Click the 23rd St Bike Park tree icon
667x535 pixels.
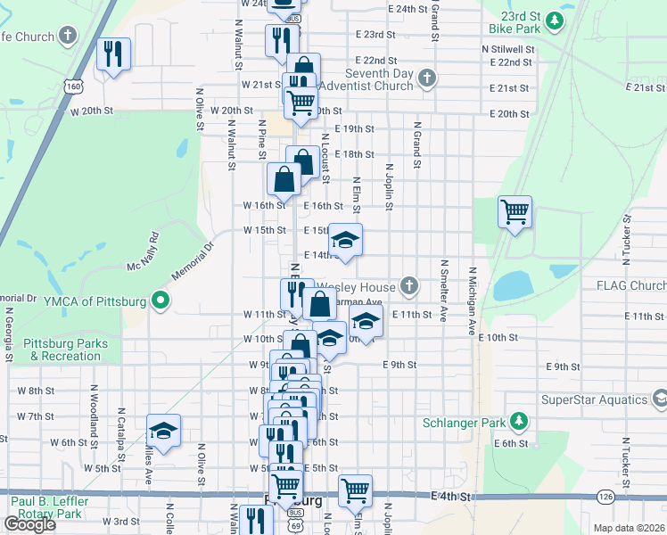click(556, 21)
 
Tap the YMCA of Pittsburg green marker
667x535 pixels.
click(161, 300)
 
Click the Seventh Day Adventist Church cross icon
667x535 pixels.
click(427, 78)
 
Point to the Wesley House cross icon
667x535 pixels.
click(409, 286)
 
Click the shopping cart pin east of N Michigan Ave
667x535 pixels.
click(515, 212)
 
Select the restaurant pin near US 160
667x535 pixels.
click(113, 54)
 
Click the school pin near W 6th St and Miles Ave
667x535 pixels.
click(163, 432)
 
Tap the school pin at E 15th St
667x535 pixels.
click(346, 240)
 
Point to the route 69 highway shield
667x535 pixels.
click(295, 525)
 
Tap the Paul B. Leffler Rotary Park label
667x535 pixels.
click(59, 506)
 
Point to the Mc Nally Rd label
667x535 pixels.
click(142, 252)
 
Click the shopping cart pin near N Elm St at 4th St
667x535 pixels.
click(355, 490)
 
